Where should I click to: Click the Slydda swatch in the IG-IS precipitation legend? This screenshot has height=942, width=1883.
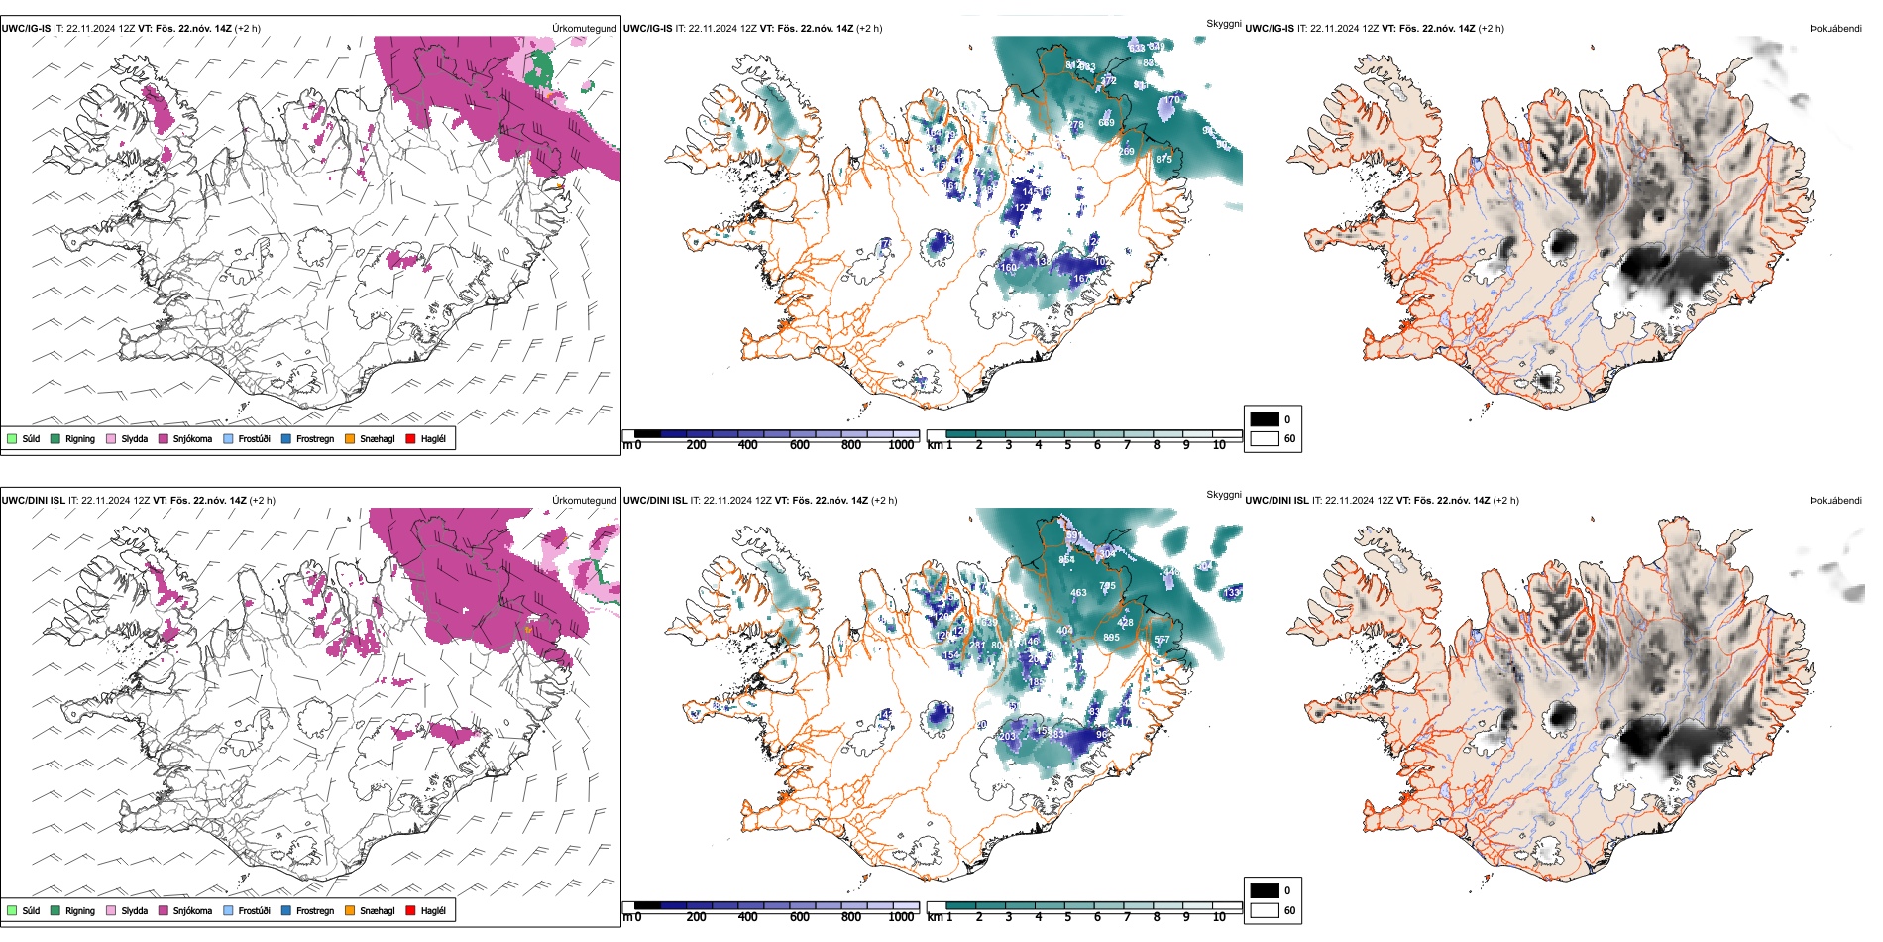tap(111, 438)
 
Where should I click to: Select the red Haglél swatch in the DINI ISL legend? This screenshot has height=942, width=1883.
tap(410, 910)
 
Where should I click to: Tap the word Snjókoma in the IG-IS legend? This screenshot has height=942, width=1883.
tap(192, 438)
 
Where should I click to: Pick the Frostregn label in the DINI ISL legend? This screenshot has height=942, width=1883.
tap(315, 910)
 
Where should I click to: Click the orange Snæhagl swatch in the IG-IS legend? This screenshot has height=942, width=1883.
tap(350, 438)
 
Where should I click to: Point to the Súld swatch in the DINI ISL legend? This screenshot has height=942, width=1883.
tap(12, 910)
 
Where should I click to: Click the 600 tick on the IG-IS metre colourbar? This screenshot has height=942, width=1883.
tap(800, 445)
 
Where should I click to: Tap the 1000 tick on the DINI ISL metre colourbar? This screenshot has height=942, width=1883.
tap(901, 917)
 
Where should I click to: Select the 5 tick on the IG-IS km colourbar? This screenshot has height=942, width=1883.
tap(1068, 445)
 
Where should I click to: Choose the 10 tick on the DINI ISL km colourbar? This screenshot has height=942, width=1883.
tap(1219, 917)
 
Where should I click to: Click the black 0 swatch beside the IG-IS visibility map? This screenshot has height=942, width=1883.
tap(1265, 419)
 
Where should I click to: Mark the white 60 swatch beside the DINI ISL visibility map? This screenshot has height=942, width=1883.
tap(1265, 910)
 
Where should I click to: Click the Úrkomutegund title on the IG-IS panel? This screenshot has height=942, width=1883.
tap(584, 29)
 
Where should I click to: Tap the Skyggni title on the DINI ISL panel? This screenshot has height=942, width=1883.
tap(1223, 495)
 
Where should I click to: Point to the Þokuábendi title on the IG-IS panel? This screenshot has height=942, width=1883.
tap(1835, 29)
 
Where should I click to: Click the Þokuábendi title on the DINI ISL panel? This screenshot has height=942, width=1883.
tap(1835, 501)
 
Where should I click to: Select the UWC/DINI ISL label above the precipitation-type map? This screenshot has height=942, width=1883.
tap(33, 501)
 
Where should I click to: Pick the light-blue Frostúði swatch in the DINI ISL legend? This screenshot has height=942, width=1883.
tap(229, 910)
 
